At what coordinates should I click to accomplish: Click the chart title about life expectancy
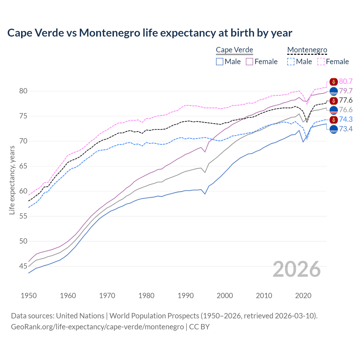click(150, 33)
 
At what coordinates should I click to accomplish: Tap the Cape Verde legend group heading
click(234, 50)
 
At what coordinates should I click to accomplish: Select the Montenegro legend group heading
click(307, 50)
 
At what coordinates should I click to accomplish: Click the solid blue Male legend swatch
click(220, 62)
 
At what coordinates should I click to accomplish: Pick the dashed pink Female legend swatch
click(321, 62)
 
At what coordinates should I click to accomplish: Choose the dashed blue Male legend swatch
click(291, 62)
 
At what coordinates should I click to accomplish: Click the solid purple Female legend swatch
click(249, 62)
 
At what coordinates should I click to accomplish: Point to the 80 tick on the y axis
click(23, 91)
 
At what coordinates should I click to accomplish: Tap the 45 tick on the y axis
click(23, 266)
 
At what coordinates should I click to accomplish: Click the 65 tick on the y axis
click(23, 166)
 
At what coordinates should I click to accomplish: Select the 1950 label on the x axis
click(29, 296)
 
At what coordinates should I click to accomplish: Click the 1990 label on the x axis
click(186, 296)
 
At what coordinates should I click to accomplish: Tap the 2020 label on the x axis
click(303, 296)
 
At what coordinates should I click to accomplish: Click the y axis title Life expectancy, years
click(12, 180)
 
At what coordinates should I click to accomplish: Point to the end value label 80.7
click(346, 82)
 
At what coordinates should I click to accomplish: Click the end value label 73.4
click(346, 129)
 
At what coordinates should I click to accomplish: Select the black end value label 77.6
click(346, 100)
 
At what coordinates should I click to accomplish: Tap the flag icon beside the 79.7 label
click(334, 91)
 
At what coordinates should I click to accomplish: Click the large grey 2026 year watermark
click(297, 269)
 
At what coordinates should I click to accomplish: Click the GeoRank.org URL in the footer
click(97, 327)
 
